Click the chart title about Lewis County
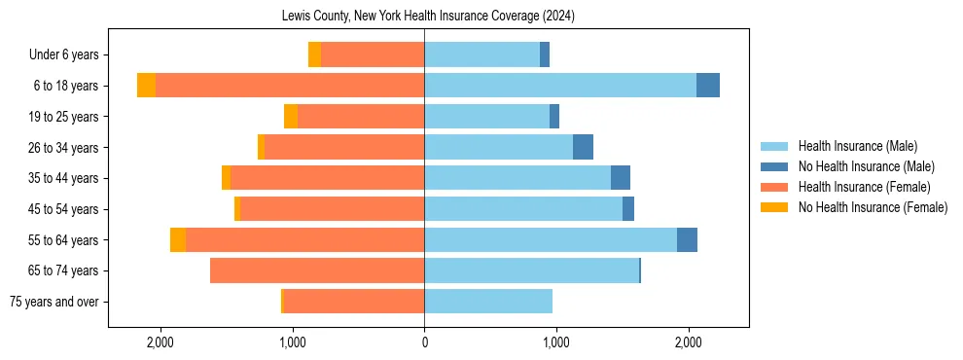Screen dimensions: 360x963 click(x=429, y=17)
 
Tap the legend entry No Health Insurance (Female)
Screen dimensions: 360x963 click(x=873, y=207)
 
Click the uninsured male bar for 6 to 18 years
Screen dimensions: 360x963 click(x=708, y=86)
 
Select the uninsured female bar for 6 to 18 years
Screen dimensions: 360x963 click(x=146, y=86)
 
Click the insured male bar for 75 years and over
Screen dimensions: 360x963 click(x=488, y=302)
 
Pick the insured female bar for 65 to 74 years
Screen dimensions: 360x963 click(x=317, y=270)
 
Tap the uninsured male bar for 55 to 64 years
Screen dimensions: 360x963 click(x=687, y=240)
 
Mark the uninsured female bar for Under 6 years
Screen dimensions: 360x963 click(x=314, y=55)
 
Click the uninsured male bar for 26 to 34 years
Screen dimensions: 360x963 click(x=583, y=148)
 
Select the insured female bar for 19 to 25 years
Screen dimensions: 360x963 click(x=361, y=117)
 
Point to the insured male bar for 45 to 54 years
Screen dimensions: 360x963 click(x=523, y=209)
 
